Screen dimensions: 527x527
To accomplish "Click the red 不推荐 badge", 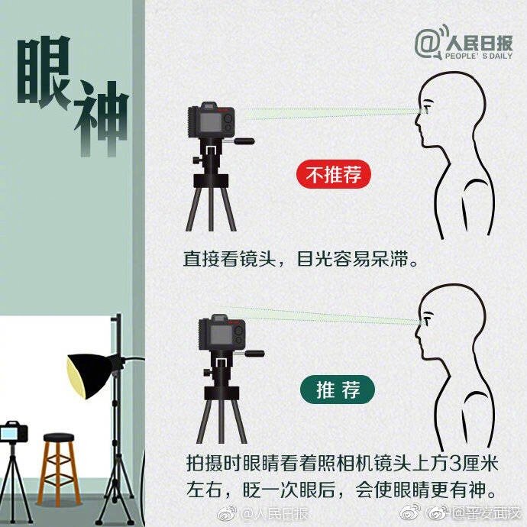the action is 334,174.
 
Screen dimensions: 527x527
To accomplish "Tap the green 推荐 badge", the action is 337,390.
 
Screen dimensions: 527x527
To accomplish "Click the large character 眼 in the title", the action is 44,72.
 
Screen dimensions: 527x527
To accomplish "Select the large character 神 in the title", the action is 102,119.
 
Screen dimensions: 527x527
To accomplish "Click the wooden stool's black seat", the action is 59,438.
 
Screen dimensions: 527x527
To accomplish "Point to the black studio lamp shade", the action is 92,375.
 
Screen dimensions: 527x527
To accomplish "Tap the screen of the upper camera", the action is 210,121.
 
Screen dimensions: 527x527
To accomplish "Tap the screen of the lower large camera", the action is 221,335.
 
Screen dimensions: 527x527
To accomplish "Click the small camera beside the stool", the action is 14,432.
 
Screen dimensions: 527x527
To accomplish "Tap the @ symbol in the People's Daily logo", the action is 428,43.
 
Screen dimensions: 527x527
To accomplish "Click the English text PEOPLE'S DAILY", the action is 479,56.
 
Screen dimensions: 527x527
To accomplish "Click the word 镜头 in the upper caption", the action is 258,259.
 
